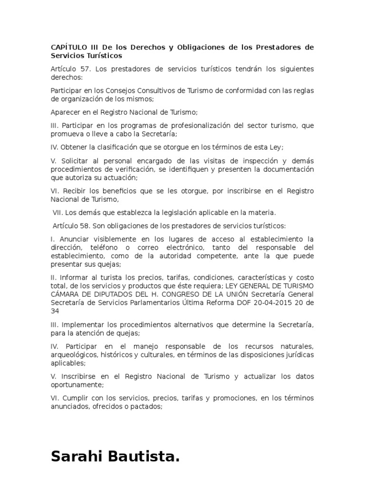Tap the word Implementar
tap(81, 324)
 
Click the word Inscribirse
tap(77, 376)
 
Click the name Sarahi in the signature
tap(79, 457)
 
